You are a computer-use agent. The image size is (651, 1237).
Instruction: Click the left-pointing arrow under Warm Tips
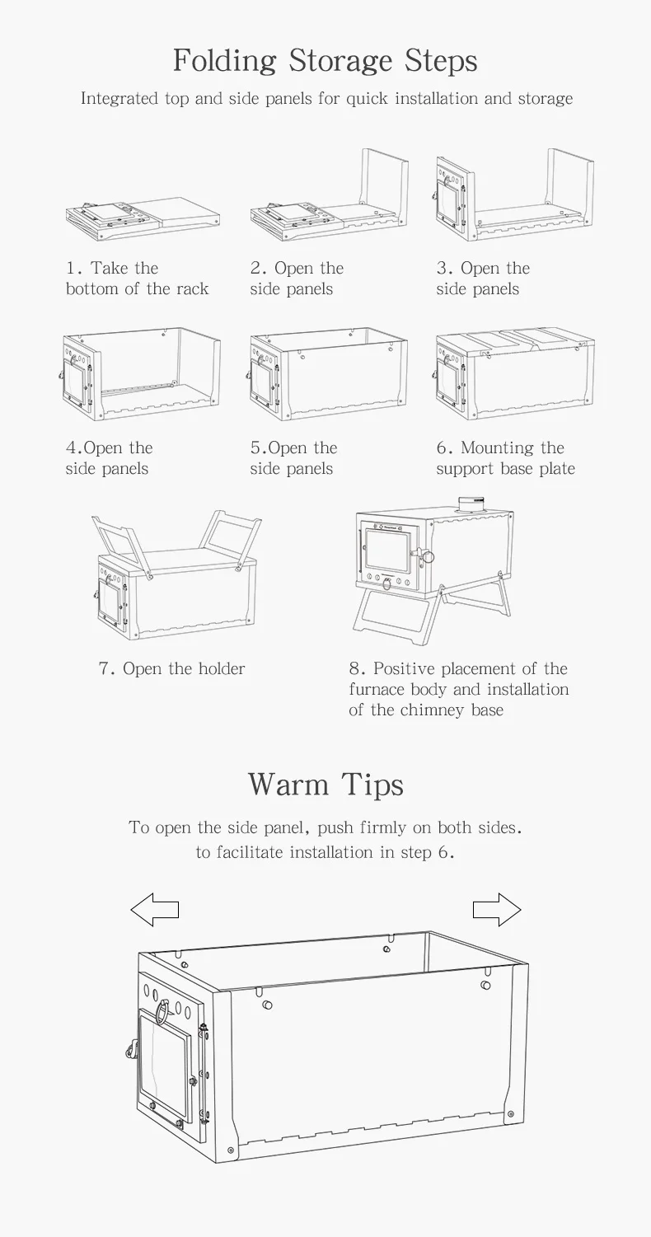(154, 910)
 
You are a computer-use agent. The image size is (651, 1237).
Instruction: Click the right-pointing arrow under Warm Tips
(497, 910)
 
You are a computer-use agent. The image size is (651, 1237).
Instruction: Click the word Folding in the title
(225, 61)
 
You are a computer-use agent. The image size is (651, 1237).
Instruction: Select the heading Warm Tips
(325, 784)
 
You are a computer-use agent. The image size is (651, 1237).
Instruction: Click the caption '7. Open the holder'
(171, 668)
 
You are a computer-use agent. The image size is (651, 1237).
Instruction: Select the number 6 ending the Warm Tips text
(443, 853)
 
